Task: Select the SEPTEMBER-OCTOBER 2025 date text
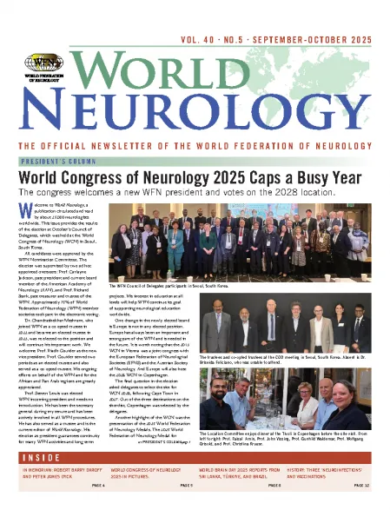pyautogui.click(x=321, y=17)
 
